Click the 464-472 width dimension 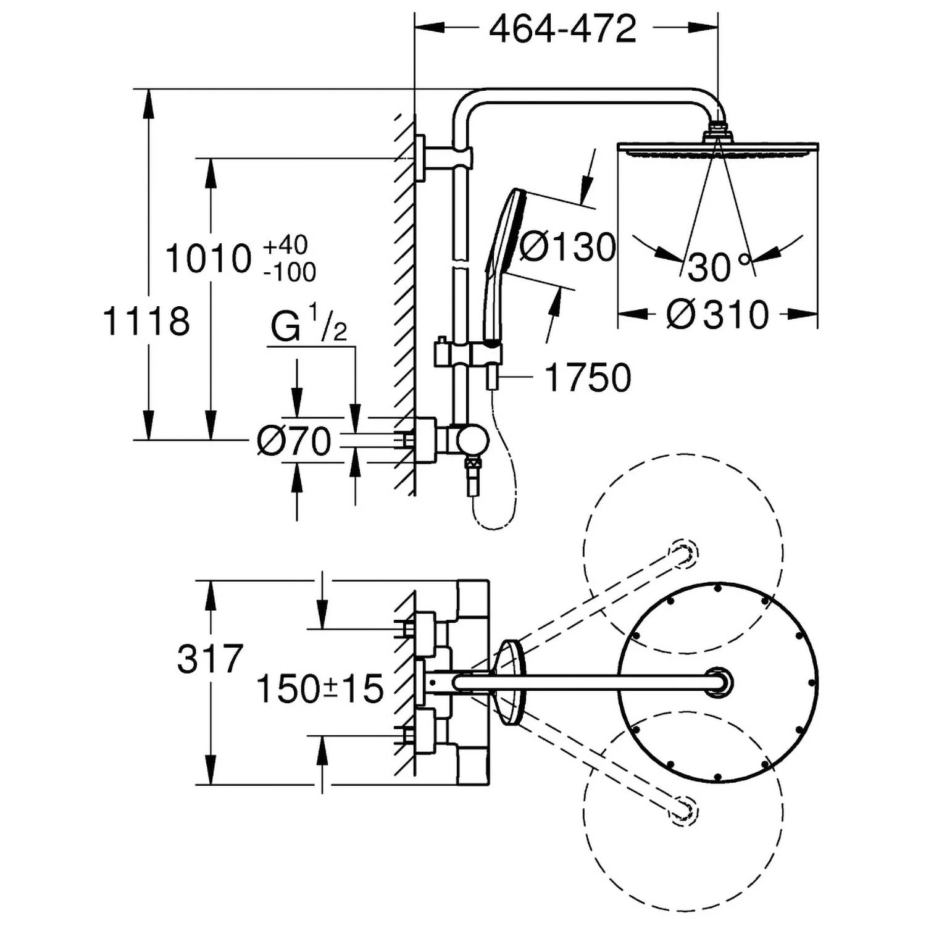(x=562, y=29)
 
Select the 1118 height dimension (x=146, y=322)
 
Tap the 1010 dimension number (x=209, y=259)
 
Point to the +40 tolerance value (x=285, y=245)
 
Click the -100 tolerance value (x=290, y=272)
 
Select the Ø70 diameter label (x=294, y=441)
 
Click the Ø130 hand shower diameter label (x=567, y=247)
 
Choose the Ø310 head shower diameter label (x=718, y=315)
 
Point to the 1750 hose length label (x=588, y=377)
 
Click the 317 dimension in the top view (x=211, y=659)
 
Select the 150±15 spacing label (x=320, y=688)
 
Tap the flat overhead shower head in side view (x=718, y=148)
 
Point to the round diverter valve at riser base (x=472, y=440)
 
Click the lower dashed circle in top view (x=683, y=810)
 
